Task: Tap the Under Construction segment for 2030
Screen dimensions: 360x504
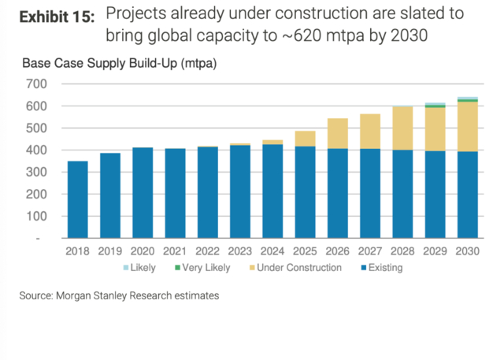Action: (x=468, y=126)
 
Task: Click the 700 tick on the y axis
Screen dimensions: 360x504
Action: (x=37, y=84)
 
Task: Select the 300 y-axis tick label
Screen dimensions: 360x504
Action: (x=37, y=172)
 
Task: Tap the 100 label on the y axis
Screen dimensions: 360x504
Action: (x=37, y=216)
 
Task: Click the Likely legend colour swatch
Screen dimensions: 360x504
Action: (x=125, y=268)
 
